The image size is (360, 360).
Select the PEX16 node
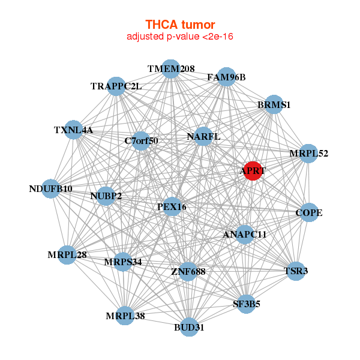click(x=172, y=206)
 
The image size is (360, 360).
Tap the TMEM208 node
click(x=171, y=69)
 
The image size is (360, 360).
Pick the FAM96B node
click(x=226, y=77)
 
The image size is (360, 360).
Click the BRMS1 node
click(x=274, y=104)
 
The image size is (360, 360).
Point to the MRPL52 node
click(x=308, y=154)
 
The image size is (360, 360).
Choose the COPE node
click(x=309, y=212)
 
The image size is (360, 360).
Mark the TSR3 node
click(x=296, y=271)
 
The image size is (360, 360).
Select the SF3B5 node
click(x=246, y=304)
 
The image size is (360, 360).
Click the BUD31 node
click(x=190, y=327)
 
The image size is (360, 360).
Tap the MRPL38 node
click(x=125, y=316)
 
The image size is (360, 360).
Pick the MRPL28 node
click(x=67, y=254)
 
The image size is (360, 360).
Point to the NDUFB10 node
click(x=51, y=189)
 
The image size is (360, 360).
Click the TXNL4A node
click(x=73, y=130)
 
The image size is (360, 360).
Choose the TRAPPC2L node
click(x=116, y=86)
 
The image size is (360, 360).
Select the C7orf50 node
click(x=141, y=141)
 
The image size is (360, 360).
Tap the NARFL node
click(x=203, y=136)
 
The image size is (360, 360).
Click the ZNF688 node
click(x=188, y=271)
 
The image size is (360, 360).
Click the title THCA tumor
click(x=180, y=25)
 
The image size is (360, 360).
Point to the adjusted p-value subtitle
click(x=180, y=37)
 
